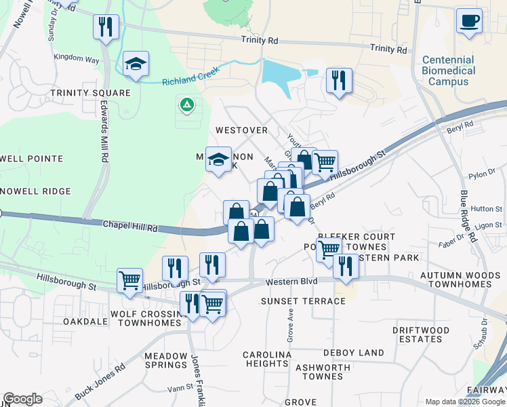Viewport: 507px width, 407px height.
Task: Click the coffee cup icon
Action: [x=469, y=20]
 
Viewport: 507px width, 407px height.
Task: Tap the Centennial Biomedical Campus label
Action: [x=448, y=71]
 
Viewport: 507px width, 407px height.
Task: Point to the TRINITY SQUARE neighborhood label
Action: [x=89, y=92]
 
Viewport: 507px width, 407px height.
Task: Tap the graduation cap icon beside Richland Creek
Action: [x=136, y=64]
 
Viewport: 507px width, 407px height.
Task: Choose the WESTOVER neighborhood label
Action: [x=241, y=130]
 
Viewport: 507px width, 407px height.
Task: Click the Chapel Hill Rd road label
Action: [x=129, y=226]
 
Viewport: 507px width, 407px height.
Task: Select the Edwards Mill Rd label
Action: [x=104, y=132]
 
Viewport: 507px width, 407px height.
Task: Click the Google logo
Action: [x=22, y=400]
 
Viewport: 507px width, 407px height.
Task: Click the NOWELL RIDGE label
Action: [x=36, y=191]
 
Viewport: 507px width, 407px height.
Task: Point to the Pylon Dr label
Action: [x=482, y=176]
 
